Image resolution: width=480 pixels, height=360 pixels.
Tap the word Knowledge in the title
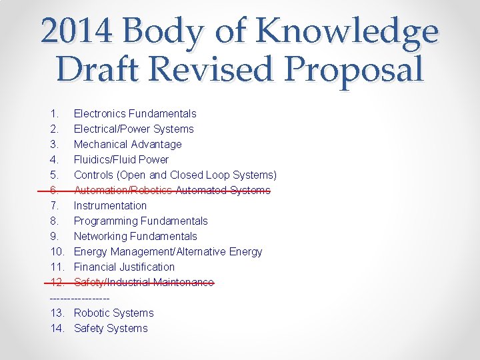(347, 31)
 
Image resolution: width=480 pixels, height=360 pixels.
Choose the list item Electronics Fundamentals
(135, 113)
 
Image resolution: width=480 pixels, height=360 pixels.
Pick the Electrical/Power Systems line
(133, 129)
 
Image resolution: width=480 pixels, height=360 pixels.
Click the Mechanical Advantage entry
(127, 144)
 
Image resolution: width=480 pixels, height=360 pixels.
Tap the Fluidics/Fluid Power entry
(121, 159)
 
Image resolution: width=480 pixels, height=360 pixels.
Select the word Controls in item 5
(93, 175)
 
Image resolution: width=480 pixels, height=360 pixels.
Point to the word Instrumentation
(110, 205)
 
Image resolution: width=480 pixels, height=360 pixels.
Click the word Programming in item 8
(103, 221)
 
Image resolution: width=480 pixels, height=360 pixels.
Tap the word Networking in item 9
(100, 236)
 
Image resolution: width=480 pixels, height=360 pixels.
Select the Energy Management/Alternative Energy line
(168, 251)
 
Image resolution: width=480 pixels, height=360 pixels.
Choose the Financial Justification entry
(124, 267)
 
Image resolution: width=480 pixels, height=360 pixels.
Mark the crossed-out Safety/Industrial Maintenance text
(143, 282)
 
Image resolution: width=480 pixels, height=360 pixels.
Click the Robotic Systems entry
(113, 313)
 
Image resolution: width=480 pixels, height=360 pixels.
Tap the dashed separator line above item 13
(79, 297)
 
